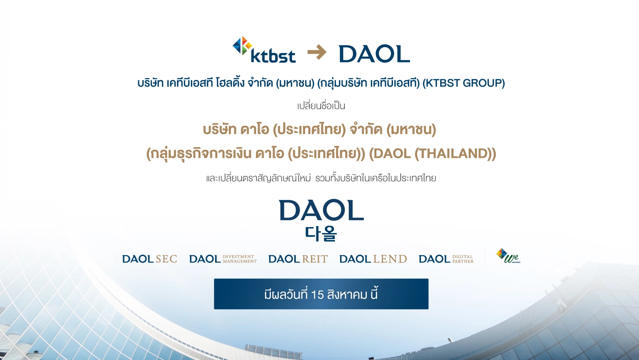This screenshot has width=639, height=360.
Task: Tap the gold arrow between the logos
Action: (x=317, y=52)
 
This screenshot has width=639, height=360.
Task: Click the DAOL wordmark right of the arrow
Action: (x=374, y=54)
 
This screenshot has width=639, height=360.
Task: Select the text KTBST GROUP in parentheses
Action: (x=463, y=83)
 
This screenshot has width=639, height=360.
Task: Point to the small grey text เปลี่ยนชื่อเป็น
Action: (x=321, y=106)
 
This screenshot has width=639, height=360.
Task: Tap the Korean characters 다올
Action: (x=321, y=233)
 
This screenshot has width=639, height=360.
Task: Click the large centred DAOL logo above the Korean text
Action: (x=321, y=211)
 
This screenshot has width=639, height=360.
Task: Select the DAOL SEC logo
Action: (x=149, y=259)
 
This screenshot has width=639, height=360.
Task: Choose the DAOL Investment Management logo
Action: (x=223, y=259)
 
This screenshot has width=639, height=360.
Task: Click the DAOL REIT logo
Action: (x=298, y=259)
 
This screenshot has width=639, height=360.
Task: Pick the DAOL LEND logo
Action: (x=373, y=259)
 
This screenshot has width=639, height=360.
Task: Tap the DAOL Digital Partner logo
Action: (x=446, y=259)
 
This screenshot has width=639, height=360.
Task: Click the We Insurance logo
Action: (x=508, y=256)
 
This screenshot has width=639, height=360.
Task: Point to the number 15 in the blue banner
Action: (x=317, y=295)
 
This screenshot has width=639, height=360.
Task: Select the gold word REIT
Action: (x=315, y=259)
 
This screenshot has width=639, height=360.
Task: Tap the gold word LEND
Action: (x=390, y=259)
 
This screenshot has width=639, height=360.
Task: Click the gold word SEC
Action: (x=166, y=259)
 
